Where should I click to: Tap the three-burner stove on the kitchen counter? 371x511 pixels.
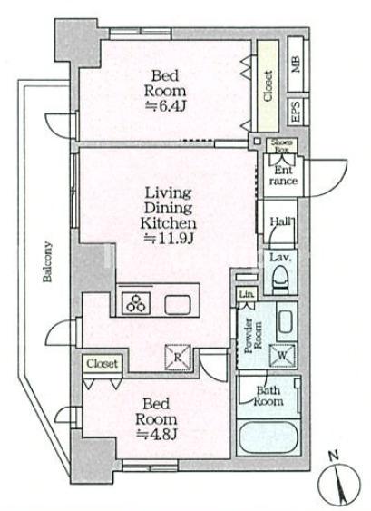(136, 303)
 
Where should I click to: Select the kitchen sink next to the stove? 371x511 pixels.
(177, 305)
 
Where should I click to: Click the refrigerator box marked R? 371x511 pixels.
(178, 358)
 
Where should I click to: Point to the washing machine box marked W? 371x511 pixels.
(282, 355)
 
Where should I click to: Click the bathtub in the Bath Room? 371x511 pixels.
(268, 437)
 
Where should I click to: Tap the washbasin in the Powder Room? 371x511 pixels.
(287, 320)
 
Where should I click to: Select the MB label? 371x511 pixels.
(296, 64)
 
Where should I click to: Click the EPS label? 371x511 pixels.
(296, 112)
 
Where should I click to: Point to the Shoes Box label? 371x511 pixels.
(282, 145)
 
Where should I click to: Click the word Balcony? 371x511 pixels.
(47, 261)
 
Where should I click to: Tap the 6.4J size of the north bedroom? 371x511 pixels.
(165, 106)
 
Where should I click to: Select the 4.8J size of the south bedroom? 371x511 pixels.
(156, 434)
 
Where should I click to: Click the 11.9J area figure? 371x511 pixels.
(169, 239)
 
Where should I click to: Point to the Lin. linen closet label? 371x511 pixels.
(247, 294)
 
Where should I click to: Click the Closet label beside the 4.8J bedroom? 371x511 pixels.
(102, 363)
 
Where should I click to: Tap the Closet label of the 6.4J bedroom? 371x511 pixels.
(268, 86)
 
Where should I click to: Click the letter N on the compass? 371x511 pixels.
(333, 456)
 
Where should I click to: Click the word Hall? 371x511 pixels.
(281, 221)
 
